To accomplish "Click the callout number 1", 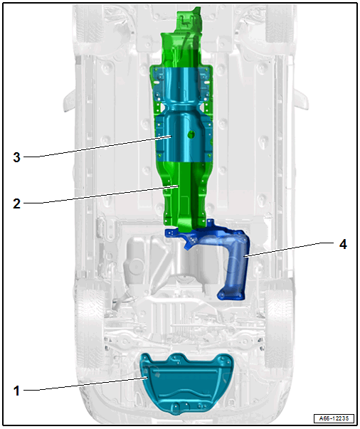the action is click(16, 391).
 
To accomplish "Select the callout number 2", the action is click(16, 204).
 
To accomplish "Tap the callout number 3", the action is click(16, 158).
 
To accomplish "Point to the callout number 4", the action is click(343, 244).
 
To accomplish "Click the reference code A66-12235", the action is click(334, 418).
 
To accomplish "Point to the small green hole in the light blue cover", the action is click(191, 134).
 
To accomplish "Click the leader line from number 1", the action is click(85, 383).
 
